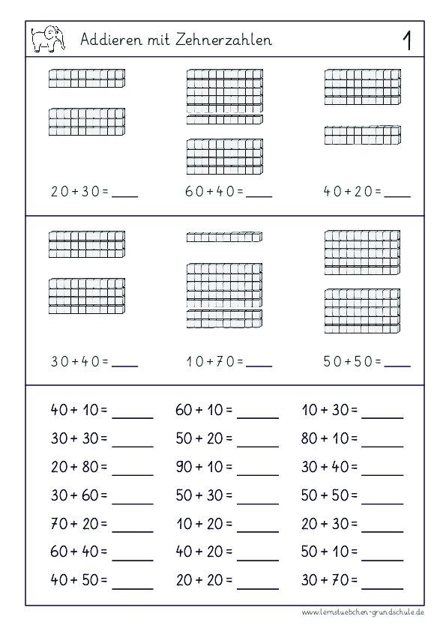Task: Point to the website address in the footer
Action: coord(364,612)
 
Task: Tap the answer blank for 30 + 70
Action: coord(383,585)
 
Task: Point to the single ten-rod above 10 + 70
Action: coord(224,238)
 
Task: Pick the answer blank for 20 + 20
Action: coord(258,585)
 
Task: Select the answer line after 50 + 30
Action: coord(258,501)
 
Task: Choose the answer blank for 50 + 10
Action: coord(383,557)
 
